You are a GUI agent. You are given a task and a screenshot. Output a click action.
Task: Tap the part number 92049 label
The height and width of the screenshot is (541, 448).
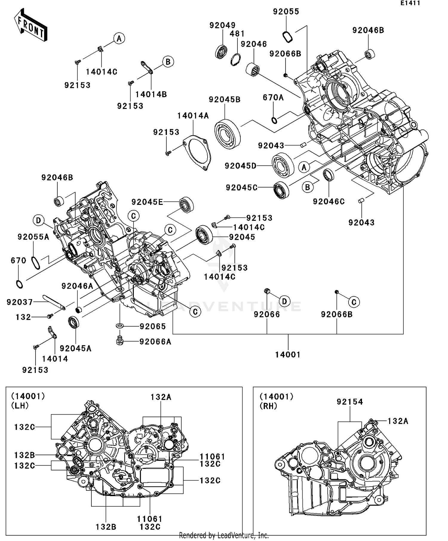(x=222, y=25)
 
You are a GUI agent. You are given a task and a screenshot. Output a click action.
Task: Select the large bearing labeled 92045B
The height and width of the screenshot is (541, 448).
(x=228, y=134)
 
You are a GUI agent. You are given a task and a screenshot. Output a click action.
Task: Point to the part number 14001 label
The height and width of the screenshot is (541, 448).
(x=288, y=355)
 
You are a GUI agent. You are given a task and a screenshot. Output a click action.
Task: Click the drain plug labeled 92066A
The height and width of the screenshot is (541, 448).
(x=120, y=341)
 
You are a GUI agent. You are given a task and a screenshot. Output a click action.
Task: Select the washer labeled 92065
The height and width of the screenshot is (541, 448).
(x=120, y=325)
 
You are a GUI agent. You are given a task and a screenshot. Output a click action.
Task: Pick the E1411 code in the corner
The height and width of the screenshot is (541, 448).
(x=410, y=3)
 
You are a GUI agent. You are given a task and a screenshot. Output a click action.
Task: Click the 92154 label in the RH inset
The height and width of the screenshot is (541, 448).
(x=350, y=402)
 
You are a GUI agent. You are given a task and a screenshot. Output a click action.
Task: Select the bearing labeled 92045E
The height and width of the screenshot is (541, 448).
(x=186, y=205)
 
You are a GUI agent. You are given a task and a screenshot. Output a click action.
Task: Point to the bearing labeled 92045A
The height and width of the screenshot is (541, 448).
(x=74, y=322)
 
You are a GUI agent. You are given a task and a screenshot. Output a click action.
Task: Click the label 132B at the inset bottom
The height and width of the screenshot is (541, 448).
(x=106, y=527)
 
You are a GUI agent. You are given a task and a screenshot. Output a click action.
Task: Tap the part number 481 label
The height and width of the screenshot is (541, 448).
(x=237, y=34)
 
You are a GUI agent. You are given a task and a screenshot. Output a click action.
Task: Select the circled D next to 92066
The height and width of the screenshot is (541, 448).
(x=284, y=301)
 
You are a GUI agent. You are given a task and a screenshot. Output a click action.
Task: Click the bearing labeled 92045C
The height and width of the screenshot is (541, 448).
(x=281, y=190)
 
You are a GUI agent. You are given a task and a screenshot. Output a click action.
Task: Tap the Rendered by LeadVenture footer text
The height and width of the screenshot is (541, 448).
(x=224, y=535)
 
